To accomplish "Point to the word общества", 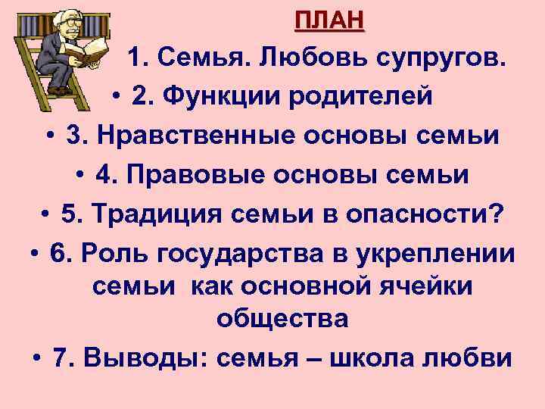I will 282,320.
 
